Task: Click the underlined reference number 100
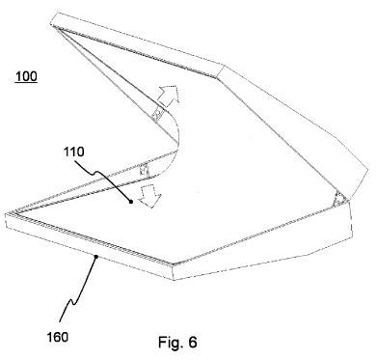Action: (x=26, y=76)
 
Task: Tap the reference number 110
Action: (x=74, y=152)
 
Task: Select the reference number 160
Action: (x=58, y=337)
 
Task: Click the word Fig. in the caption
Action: (x=171, y=343)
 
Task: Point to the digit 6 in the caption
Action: (x=193, y=342)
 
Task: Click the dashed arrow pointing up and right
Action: (x=167, y=96)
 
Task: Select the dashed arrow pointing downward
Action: (x=149, y=196)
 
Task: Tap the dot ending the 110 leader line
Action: (x=131, y=202)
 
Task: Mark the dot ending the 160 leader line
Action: (x=95, y=256)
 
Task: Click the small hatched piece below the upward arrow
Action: (x=157, y=114)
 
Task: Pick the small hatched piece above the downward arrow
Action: (x=144, y=169)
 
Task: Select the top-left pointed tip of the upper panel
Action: (x=55, y=27)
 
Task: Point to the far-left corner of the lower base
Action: (x=6, y=214)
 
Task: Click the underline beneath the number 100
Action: (x=26, y=83)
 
